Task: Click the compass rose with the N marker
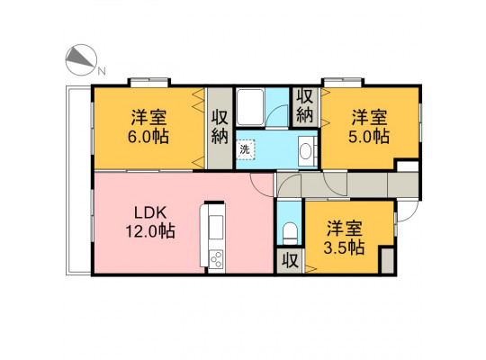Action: pyautogui.click(x=82, y=59)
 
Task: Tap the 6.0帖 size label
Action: pyautogui.click(x=148, y=137)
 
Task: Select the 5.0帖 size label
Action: pyautogui.click(x=369, y=137)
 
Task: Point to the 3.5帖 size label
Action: pyautogui.click(x=344, y=247)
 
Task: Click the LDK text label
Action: pyautogui.click(x=150, y=213)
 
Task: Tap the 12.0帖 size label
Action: pyautogui.click(x=150, y=231)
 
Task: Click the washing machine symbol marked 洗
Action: pyautogui.click(x=245, y=149)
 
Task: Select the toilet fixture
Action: pyautogui.click(x=290, y=233)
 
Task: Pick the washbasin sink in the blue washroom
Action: pyautogui.click(x=306, y=151)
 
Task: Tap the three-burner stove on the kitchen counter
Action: pyautogui.click(x=216, y=259)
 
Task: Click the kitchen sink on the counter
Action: pyautogui.click(x=216, y=227)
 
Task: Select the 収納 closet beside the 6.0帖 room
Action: pyautogui.click(x=220, y=128)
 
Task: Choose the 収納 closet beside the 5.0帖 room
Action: pyautogui.click(x=305, y=107)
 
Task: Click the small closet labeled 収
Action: pyautogui.click(x=290, y=260)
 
